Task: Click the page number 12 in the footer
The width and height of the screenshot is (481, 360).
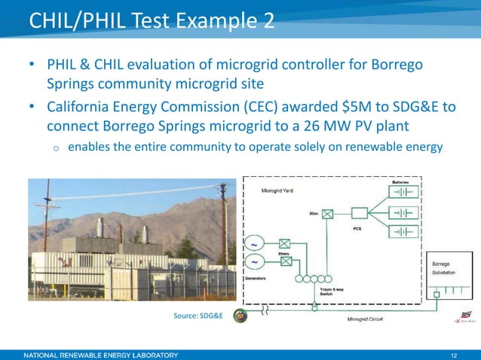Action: pyautogui.click(x=454, y=354)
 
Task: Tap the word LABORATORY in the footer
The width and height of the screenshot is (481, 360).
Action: pyautogui.click(x=152, y=354)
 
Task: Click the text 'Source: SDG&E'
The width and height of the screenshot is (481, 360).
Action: pyautogui.click(x=198, y=315)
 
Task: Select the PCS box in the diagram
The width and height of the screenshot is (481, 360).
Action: pyautogui.click(x=359, y=212)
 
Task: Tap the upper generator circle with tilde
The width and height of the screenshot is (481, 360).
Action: pyautogui.click(x=255, y=244)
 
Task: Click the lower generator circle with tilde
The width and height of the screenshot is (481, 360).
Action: pyautogui.click(x=255, y=263)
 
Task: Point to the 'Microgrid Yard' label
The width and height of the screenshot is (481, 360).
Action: pyautogui.click(x=277, y=192)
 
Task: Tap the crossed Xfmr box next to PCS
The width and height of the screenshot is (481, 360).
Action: pyautogui.click(x=327, y=213)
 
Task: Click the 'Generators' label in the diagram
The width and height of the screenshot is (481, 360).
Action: pyautogui.click(x=259, y=277)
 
